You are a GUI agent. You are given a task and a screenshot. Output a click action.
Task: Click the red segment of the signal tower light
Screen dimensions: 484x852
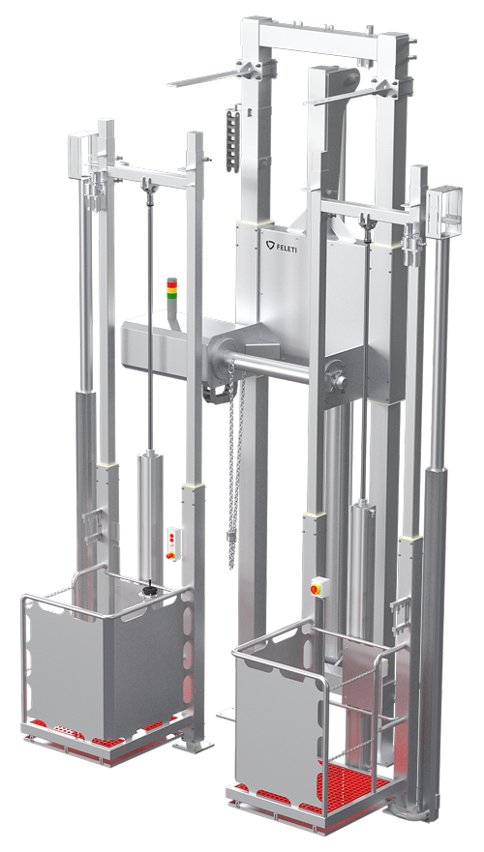tap(172, 281)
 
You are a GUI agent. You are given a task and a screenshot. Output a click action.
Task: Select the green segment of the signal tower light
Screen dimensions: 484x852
tap(172, 297)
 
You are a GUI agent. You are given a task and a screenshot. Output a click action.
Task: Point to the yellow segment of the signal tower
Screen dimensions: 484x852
tap(172, 289)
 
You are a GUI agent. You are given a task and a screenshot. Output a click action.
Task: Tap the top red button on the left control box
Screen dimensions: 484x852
tap(172, 536)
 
